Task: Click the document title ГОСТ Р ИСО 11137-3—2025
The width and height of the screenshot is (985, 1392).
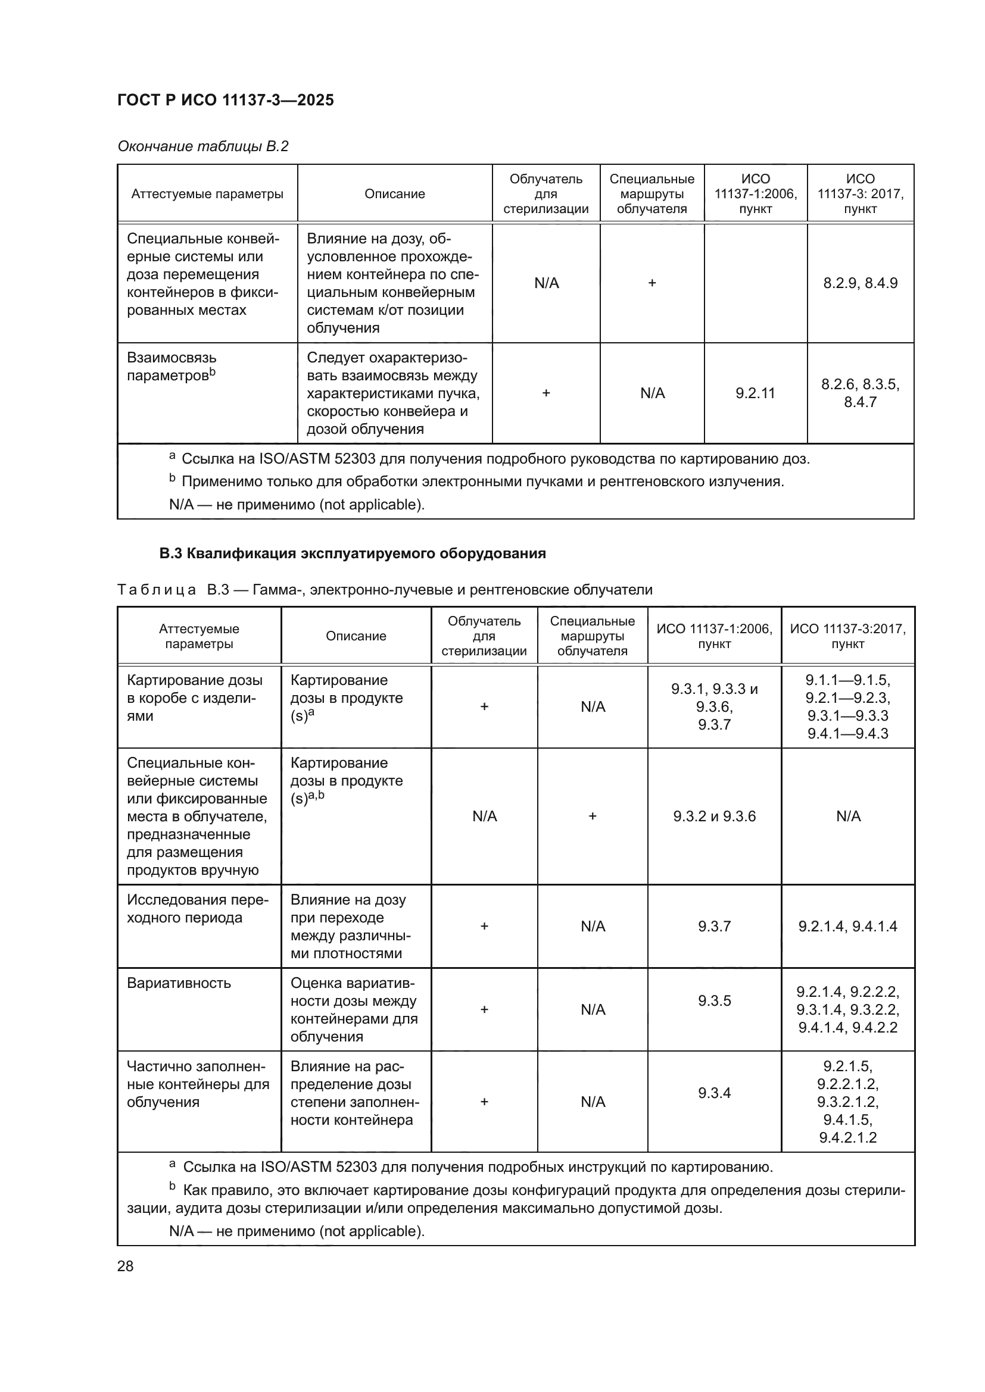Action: point(225,100)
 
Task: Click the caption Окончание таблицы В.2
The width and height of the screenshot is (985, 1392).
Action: point(202,146)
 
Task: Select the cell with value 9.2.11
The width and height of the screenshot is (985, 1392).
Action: point(755,393)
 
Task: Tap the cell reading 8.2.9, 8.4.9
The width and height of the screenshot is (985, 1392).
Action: point(859,283)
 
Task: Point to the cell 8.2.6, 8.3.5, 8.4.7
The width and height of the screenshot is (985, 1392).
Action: point(859,393)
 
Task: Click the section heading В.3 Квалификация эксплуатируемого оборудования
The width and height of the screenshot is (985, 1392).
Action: point(353,553)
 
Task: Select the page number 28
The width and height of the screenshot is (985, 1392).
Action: point(125,1266)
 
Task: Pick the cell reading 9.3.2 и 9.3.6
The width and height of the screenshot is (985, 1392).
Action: point(714,816)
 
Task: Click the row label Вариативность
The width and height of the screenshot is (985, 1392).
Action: point(179,983)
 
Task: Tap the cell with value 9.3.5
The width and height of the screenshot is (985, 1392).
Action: point(714,1000)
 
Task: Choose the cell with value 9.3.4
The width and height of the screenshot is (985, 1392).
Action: point(714,1093)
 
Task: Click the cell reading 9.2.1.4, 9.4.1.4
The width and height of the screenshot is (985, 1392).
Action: point(847,926)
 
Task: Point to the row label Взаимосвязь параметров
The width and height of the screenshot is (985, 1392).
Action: point(172,366)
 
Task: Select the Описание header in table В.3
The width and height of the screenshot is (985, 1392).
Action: point(356,636)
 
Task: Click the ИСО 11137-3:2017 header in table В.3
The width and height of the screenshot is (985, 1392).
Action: point(847,636)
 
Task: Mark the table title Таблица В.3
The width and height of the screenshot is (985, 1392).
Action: point(385,589)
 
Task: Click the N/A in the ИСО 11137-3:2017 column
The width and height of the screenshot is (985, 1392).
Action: point(847,816)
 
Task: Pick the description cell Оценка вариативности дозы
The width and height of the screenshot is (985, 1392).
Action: point(354,1009)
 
